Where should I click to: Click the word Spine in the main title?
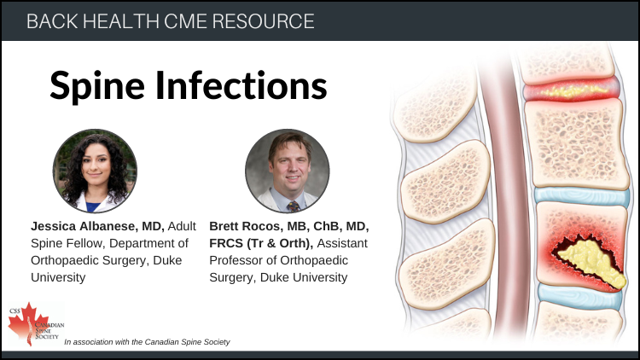pyautogui.click(x=97, y=86)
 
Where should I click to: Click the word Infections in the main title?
pyautogui.click(x=241, y=85)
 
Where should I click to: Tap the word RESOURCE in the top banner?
pyautogui.click(x=264, y=21)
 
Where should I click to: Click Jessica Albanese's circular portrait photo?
pyautogui.click(x=95, y=171)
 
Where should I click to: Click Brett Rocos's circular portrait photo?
pyautogui.click(x=288, y=171)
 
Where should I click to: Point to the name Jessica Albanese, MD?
pyautogui.click(x=97, y=226)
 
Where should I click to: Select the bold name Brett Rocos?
pyautogui.click(x=245, y=226)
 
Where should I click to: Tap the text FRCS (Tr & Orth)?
pyautogui.click(x=261, y=243)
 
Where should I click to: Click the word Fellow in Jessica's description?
pyautogui.click(x=84, y=243)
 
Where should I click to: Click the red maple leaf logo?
pyautogui.click(x=29, y=324)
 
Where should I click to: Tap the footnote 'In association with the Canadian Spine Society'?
pyautogui.click(x=147, y=342)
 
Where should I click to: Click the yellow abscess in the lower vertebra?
pyautogui.click(x=591, y=261)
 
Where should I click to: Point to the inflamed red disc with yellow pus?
pyautogui.click(x=572, y=90)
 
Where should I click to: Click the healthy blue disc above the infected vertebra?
pyautogui.click(x=582, y=196)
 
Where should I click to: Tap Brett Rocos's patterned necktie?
pyautogui.click(x=294, y=206)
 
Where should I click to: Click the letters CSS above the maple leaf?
pyautogui.click(x=15, y=311)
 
